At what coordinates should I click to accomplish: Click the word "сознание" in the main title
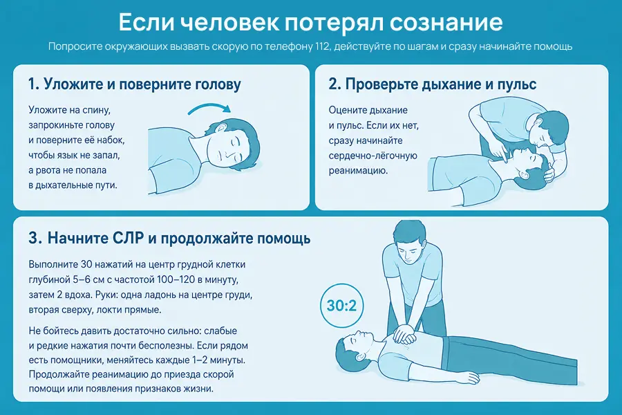tap(446, 22)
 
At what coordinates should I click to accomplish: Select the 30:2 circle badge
tap(341, 306)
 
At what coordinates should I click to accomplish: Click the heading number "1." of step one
tap(33, 84)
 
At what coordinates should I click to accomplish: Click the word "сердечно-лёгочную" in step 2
tap(373, 156)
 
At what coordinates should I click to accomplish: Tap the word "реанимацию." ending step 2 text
tap(358, 171)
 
